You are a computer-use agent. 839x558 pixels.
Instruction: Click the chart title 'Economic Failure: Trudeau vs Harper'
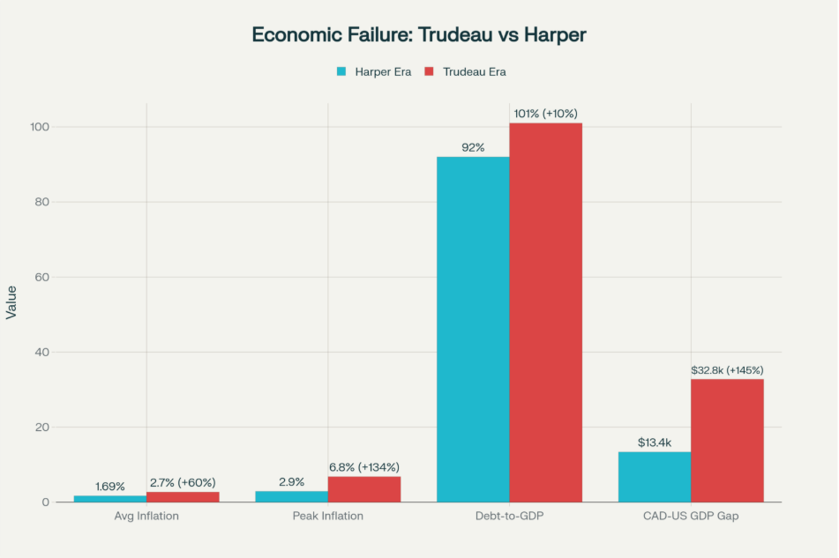coord(419,35)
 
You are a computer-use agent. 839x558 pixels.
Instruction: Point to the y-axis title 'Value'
coord(11,301)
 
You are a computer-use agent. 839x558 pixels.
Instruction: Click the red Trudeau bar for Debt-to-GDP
coord(545,312)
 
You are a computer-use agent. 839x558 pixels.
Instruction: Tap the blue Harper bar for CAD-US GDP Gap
coord(654,477)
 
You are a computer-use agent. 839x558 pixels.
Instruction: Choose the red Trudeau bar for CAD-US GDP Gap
coord(727,441)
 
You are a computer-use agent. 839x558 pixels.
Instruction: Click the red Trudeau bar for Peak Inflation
coord(364,489)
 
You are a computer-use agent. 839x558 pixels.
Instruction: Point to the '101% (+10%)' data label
coord(545,114)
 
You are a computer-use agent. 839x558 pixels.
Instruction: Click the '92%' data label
coord(473,147)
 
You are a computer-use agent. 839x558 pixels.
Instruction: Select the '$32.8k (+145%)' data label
coord(728,370)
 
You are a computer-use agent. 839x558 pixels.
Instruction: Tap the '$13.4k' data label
coord(655,443)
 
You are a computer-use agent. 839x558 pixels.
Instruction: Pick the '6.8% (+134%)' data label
coord(364,467)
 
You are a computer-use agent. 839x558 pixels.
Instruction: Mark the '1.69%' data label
coord(110,487)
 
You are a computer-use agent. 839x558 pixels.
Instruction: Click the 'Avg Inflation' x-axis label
coord(146,516)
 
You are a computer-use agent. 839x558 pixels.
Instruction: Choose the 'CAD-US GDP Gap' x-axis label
coord(691,516)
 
